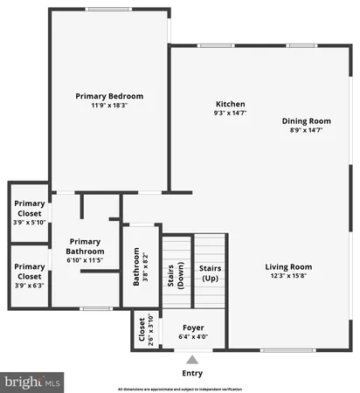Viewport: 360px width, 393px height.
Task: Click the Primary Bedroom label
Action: pyautogui.click(x=109, y=96)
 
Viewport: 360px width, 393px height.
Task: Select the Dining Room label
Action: pyautogui.click(x=306, y=121)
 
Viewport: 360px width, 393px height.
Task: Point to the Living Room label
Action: pyautogui.click(x=289, y=266)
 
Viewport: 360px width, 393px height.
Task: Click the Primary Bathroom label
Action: pyautogui.click(x=86, y=246)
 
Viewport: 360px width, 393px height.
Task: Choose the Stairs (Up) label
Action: pyautogui.click(x=210, y=272)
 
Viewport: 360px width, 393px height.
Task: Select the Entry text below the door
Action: pyautogui.click(x=192, y=373)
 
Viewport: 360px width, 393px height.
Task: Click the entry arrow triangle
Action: pyautogui.click(x=192, y=358)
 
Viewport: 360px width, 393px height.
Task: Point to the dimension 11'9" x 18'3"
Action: pyautogui.click(x=109, y=106)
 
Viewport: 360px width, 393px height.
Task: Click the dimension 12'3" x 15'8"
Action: pyautogui.click(x=289, y=276)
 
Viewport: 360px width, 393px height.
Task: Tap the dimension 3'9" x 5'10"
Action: pyautogui.click(x=30, y=222)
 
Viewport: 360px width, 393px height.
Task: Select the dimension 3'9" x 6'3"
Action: pyautogui.click(x=30, y=284)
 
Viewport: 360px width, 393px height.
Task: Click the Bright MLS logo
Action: pyautogui.click(x=33, y=382)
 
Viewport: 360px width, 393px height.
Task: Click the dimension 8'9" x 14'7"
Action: pyautogui.click(x=306, y=130)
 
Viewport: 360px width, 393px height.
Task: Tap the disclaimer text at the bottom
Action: pyautogui.click(x=180, y=388)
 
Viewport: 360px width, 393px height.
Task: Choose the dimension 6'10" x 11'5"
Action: pyautogui.click(x=86, y=260)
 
